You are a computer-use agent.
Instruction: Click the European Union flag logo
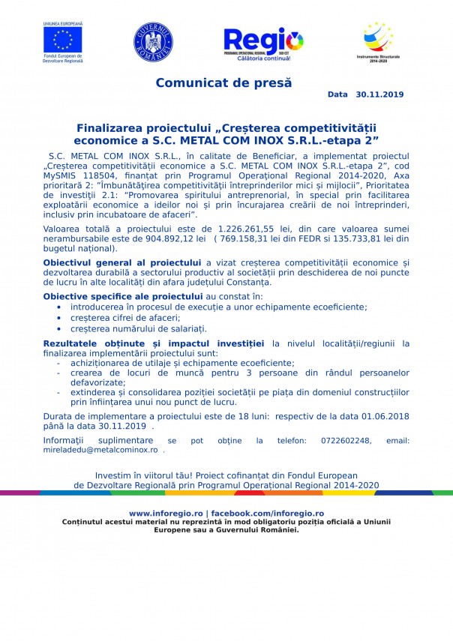point(63,38)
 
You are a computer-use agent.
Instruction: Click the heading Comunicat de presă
point(223,82)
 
